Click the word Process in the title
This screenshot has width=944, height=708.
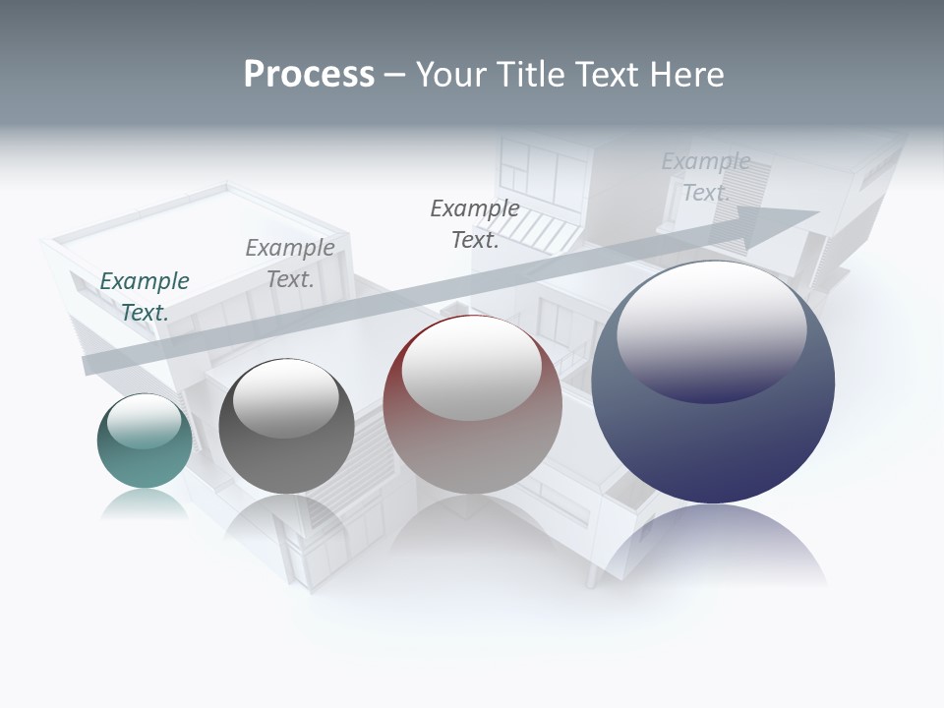coord(309,75)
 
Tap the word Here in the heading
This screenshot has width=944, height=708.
coord(686,75)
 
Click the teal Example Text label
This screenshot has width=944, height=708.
coord(145,296)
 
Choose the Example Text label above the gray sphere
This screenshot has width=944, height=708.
coord(290,263)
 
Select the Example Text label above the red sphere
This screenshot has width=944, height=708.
coord(475,223)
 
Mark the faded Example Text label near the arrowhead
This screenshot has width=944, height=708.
coord(706,176)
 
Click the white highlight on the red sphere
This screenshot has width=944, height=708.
coord(471,367)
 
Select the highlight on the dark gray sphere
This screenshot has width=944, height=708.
coord(285,395)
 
